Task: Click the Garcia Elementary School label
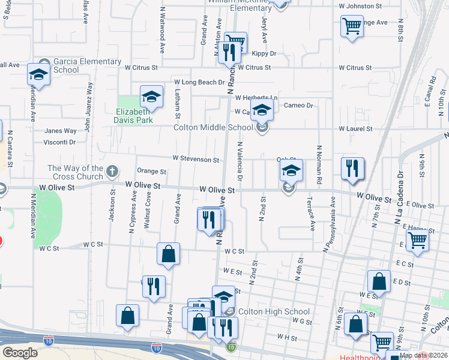pos(79,66)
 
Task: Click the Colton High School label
pos(274,311)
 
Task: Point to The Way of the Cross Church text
pos(75,173)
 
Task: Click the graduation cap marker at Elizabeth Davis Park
pos(151,97)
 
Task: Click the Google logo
pos(20,353)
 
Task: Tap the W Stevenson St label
pos(196,159)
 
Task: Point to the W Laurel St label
pos(355,128)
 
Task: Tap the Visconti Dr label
pos(59,142)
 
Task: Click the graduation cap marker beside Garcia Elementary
pos(38,76)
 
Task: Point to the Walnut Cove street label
pos(148,211)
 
